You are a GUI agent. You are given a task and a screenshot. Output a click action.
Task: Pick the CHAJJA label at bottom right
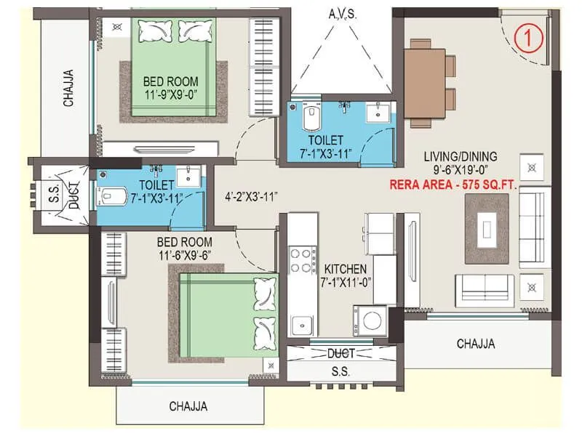[x=476, y=344]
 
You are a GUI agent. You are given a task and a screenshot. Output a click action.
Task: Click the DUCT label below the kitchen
[x=341, y=354]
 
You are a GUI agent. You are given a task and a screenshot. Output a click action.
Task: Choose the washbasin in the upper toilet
[x=376, y=113]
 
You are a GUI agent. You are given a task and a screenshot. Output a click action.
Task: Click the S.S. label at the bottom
[x=341, y=371]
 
